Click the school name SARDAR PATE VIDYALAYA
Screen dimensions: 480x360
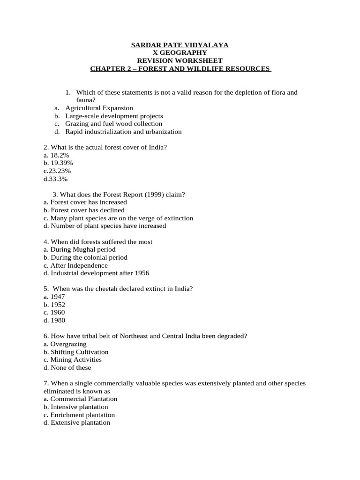pyautogui.click(x=180, y=45)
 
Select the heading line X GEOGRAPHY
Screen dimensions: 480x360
pyautogui.click(x=180, y=53)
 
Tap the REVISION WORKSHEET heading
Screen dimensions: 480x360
pyautogui.click(x=180, y=61)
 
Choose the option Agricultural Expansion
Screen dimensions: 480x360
pyautogui.click(x=99, y=108)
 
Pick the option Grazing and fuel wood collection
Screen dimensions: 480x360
pyautogui.click(x=114, y=124)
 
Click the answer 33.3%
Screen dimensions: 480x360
pyautogui.click(x=58, y=179)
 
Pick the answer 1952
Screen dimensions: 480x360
pyautogui.click(x=57, y=304)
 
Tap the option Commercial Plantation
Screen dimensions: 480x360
pyautogui.click(x=83, y=399)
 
